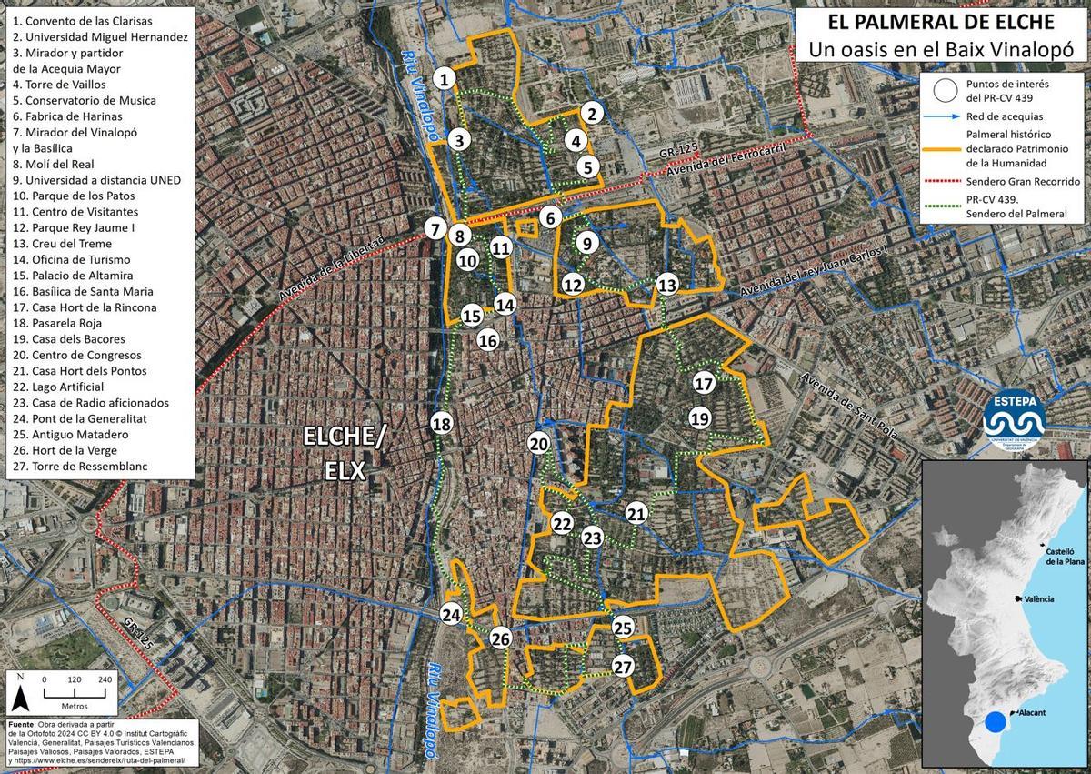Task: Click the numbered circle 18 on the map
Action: [x=442, y=424]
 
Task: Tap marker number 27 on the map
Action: [x=623, y=666]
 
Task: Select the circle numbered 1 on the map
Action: [x=445, y=79]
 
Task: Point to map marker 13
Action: [x=667, y=285]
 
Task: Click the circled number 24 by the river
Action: [x=451, y=615]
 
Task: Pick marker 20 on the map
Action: [x=538, y=443]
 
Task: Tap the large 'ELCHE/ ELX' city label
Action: [x=345, y=454]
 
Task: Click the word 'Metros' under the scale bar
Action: [x=75, y=706]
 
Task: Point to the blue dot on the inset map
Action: [x=996, y=722]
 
